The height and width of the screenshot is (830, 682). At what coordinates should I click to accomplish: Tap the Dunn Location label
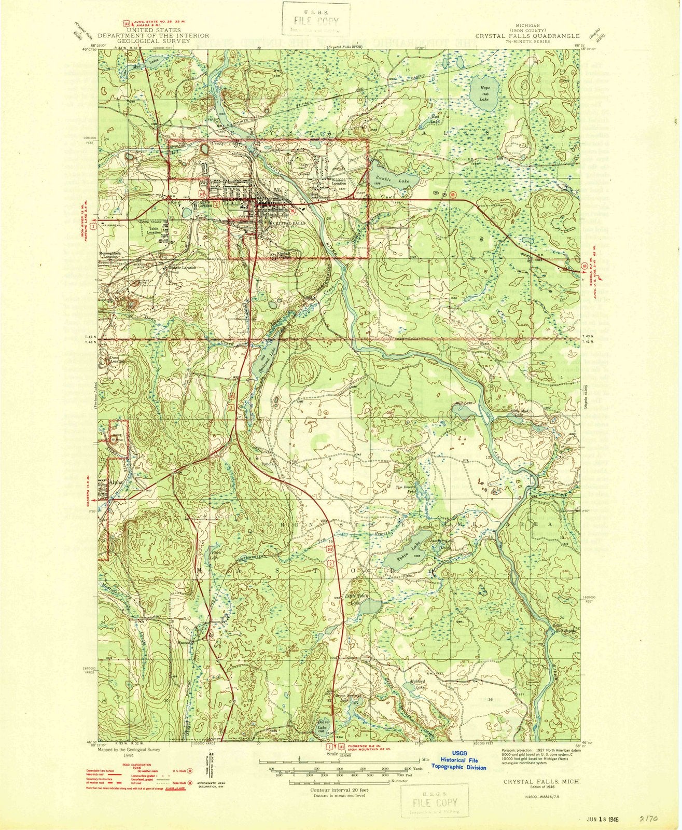[114, 360]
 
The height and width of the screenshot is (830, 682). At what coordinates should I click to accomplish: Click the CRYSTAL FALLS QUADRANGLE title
[527, 36]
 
